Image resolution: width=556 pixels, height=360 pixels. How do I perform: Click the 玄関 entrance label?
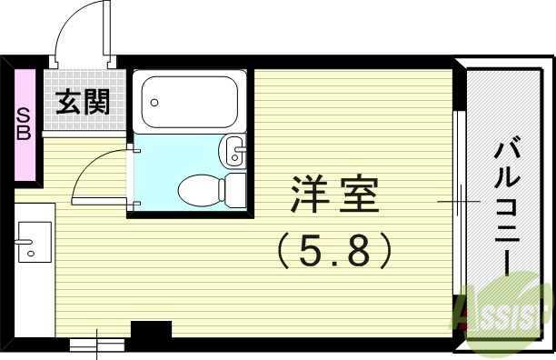pos(83,102)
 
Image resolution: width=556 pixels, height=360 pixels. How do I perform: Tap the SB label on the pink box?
pos(24,125)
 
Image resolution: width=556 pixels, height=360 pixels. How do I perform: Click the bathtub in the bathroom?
pos(190,101)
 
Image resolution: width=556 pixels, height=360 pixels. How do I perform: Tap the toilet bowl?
pos(199,190)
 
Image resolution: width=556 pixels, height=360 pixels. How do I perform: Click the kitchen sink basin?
pos(34,241)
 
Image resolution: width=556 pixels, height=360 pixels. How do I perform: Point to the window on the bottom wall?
pos(96,343)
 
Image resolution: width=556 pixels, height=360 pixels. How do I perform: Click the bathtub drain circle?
pos(154,101)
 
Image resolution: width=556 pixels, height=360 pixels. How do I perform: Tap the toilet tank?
pos(234,189)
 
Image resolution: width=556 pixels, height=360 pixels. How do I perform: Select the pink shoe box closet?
pos(25,124)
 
